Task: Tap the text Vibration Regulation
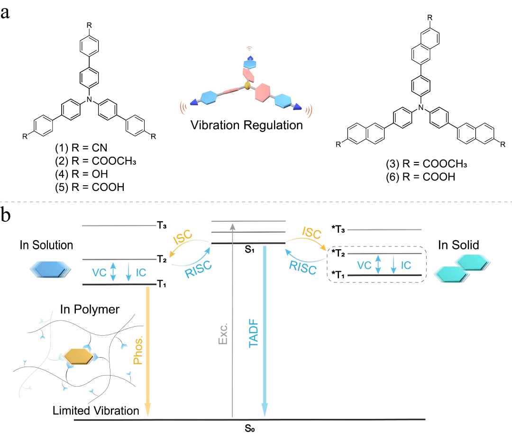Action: [246, 126]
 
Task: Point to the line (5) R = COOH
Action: [91, 188]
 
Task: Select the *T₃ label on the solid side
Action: [338, 229]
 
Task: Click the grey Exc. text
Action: [224, 335]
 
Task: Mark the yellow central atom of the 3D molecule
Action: [247, 86]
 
